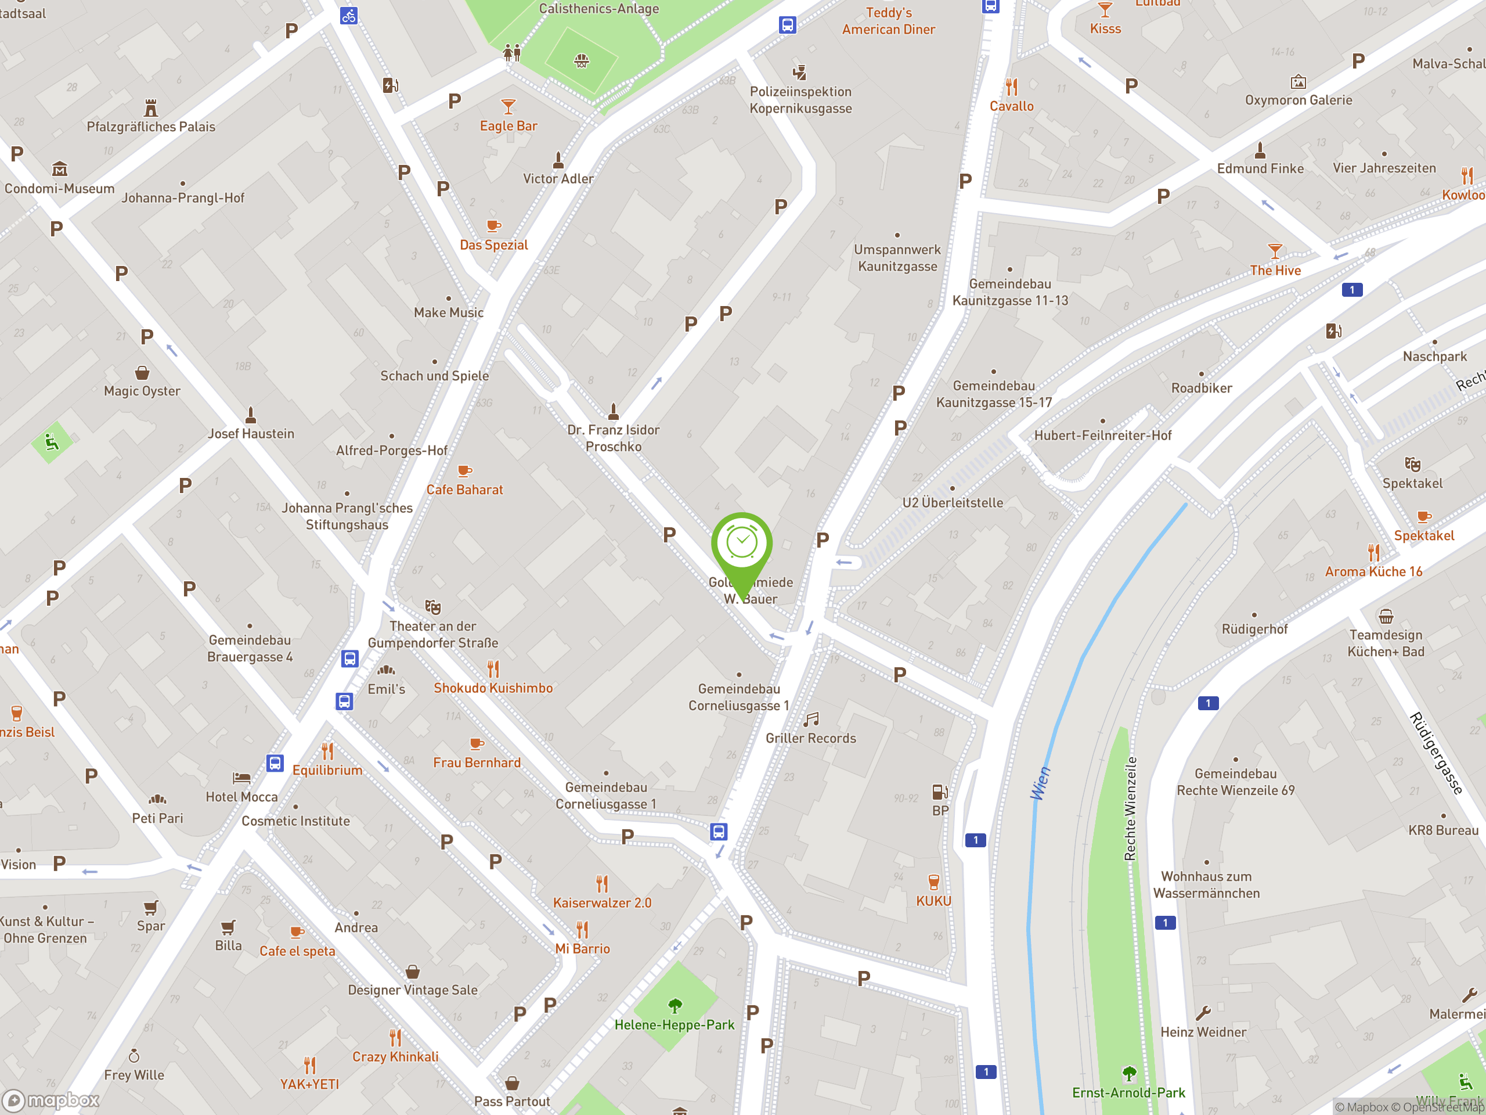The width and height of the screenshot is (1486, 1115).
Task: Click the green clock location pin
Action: pyautogui.click(x=742, y=544)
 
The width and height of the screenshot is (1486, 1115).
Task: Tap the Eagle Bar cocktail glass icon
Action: pyautogui.click(x=508, y=107)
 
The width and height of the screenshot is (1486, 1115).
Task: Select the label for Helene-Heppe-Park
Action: pyautogui.click(x=674, y=1024)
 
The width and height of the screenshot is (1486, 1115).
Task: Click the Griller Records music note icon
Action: pyautogui.click(x=811, y=720)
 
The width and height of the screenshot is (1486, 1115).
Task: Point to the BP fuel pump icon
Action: pyautogui.click(x=940, y=792)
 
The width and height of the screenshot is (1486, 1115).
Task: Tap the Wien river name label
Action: pyautogui.click(x=1040, y=783)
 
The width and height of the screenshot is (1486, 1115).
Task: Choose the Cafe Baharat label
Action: pyautogui.click(x=464, y=490)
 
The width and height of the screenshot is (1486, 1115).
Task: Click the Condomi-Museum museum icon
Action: pyautogui.click(x=60, y=168)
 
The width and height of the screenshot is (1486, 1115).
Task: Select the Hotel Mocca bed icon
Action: pyautogui.click(x=241, y=778)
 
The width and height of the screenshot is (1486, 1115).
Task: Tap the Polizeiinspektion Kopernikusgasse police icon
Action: pyautogui.click(x=799, y=73)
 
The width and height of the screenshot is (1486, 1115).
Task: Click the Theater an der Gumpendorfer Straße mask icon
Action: pyautogui.click(x=433, y=607)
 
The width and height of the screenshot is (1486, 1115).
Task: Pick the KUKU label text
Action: pyautogui.click(x=933, y=901)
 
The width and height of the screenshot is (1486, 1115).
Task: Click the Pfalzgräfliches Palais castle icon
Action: pyautogui.click(x=151, y=107)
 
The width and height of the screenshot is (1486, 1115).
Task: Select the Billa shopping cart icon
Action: pyautogui.click(x=228, y=927)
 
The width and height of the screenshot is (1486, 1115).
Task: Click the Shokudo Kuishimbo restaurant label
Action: pyautogui.click(x=493, y=688)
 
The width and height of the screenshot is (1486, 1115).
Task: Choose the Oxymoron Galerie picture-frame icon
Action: pyautogui.click(x=1298, y=82)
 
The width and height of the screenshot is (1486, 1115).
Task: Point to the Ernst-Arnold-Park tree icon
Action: pyautogui.click(x=1129, y=1073)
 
